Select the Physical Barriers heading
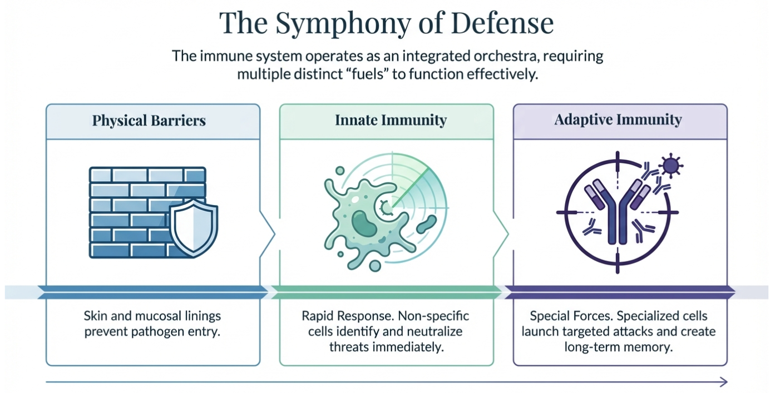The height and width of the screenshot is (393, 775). click(x=149, y=120)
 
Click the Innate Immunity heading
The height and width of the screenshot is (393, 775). click(x=391, y=120)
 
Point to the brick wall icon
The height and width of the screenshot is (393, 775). click(x=134, y=211)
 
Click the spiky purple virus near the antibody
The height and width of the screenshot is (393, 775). click(x=670, y=166)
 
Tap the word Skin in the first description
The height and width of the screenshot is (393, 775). click(x=95, y=316)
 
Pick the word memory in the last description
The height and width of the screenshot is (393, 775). click(x=649, y=347)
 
